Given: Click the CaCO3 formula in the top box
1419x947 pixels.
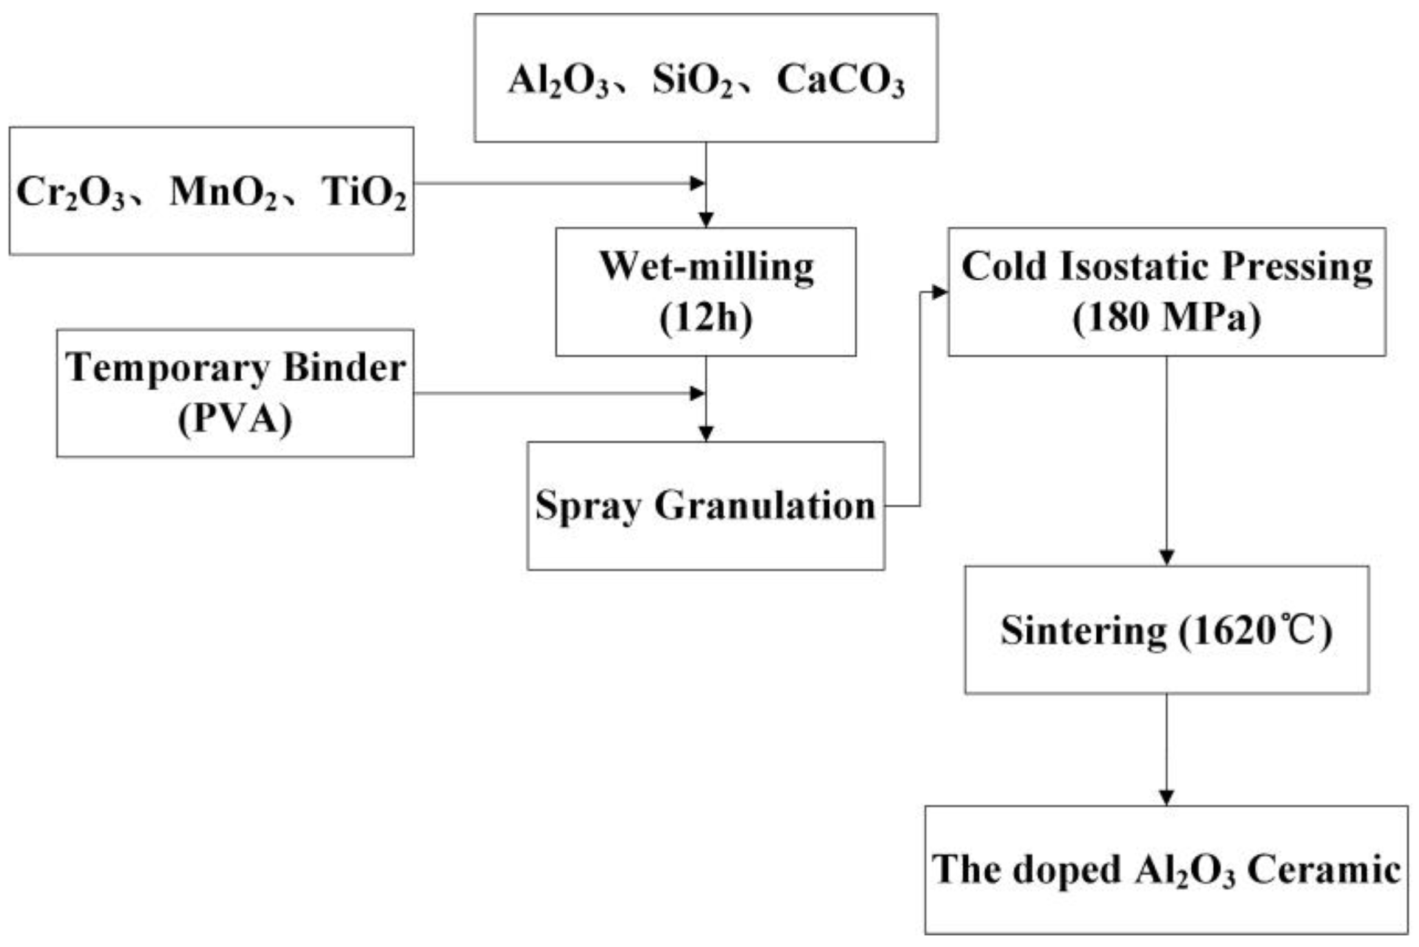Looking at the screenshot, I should tap(840, 81).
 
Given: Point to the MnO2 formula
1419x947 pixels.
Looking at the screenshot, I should tap(223, 192).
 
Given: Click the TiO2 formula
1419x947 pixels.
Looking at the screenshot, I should tap(364, 192).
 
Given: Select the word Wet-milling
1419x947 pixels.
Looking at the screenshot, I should tap(706, 267).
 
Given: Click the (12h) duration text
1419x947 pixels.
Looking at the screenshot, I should tap(706, 318).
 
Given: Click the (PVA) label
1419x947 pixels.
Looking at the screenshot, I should tap(235, 419).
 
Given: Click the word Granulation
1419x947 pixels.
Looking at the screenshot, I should tap(765, 505).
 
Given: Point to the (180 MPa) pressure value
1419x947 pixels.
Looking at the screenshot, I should tap(1166, 318).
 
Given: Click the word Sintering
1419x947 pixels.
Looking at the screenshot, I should tap(1083, 630).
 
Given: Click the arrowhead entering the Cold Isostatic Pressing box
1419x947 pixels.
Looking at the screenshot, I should tap(940, 292).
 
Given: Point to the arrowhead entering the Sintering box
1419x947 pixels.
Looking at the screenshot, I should tap(1166, 557).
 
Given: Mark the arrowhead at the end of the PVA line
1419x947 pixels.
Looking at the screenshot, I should tap(697, 393).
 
